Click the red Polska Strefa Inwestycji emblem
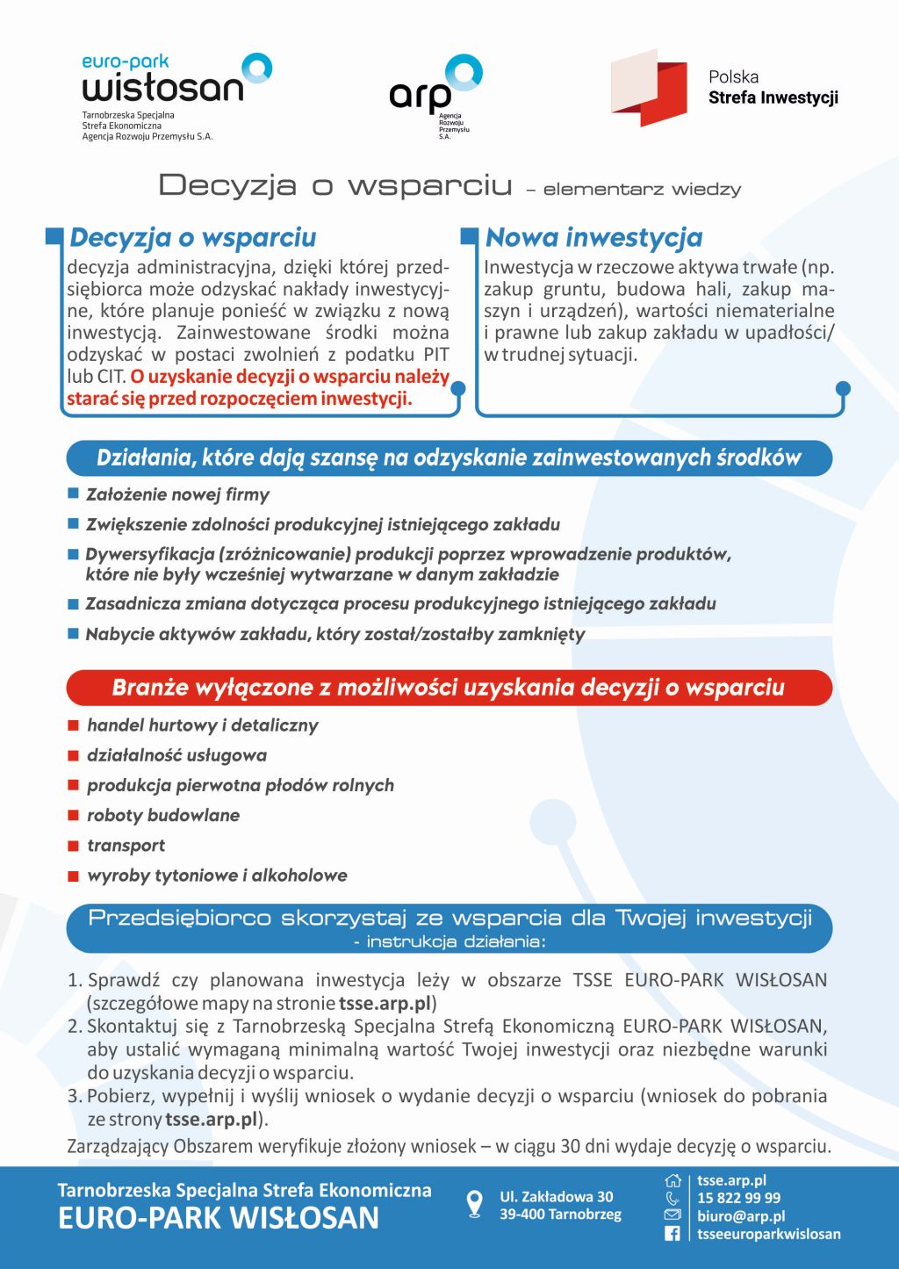click(650, 88)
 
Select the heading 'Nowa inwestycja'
click(593, 237)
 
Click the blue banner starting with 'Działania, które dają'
click(449, 458)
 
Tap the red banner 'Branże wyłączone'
click(449, 688)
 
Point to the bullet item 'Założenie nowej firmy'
click(177, 494)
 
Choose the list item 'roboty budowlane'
click(163, 815)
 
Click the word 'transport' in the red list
click(126, 846)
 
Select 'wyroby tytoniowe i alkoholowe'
click(217, 876)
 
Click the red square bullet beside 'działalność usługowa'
click(74, 755)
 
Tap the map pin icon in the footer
click(474, 1204)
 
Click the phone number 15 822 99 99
click(738, 1198)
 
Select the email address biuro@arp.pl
click(741, 1216)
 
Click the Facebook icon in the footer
click(672, 1234)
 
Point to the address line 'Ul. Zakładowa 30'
click(557, 1196)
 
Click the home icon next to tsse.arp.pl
click(672, 1180)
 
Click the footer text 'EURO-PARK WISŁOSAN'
click(219, 1218)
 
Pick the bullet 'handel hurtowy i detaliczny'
click(202, 725)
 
